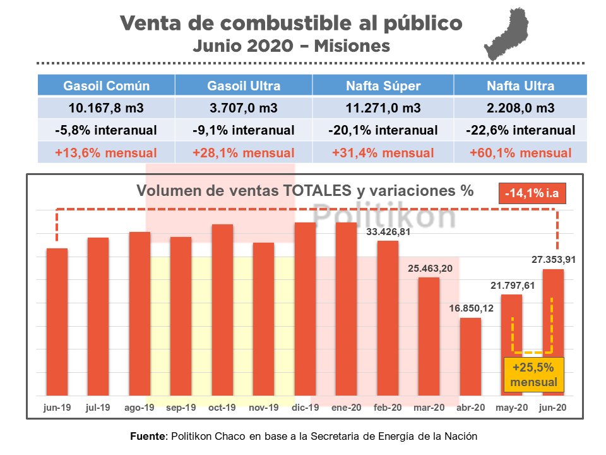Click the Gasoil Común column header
click(106, 86)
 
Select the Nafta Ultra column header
click(520, 86)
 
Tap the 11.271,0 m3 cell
click(383, 108)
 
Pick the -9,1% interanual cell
click(244, 131)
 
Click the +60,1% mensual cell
click(520, 153)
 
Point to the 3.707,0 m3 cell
click(244, 108)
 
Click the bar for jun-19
click(57, 322)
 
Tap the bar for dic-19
click(306, 310)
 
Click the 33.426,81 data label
click(388, 232)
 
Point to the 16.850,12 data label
click(470, 308)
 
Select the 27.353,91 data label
click(554, 259)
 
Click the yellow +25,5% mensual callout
click(534, 375)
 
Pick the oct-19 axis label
click(222, 408)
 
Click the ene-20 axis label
click(347, 408)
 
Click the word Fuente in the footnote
click(148, 436)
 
